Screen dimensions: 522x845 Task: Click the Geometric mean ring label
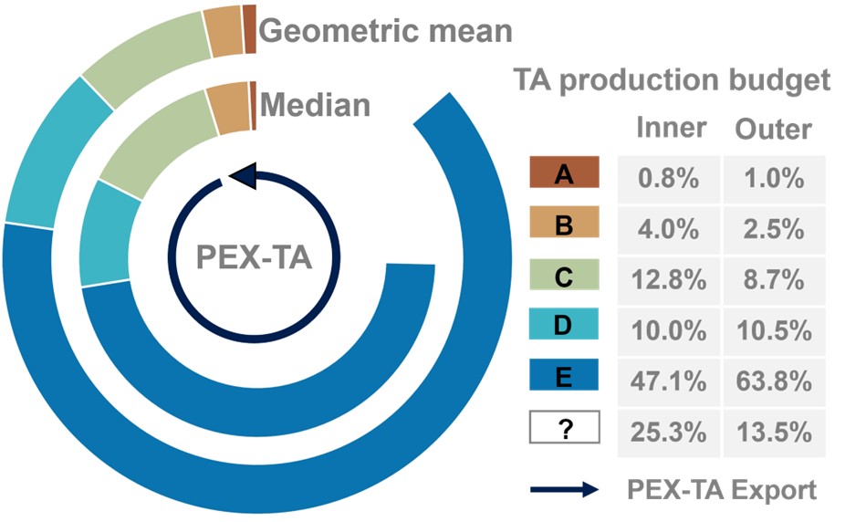pyautogui.click(x=385, y=30)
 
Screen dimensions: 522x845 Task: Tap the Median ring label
pyautogui.click(x=316, y=104)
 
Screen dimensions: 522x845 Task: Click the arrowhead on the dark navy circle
pyautogui.click(x=244, y=176)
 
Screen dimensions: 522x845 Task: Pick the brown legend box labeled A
pyautogui.click(x=563, y=175)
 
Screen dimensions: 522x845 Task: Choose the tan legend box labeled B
pyautogui.click(x=563, y=224)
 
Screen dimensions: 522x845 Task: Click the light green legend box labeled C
pyautogui.click(x=563, y=276)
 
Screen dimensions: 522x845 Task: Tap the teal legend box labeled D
pyautogui.click(x=563, y=326)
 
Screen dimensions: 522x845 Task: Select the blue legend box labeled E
pyautogui.click(x=563, y=376)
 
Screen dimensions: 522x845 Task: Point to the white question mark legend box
pyautogui.click(x=563, y=427)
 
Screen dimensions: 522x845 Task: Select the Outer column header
pyautogui.click(x=773, y=129)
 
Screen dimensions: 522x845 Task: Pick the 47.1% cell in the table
pyautogui.click(x=669, y=378)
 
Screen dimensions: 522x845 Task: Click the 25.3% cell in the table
pyautogui.click(x=669, y=429)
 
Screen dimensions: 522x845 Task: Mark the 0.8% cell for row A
pyautogui.click(x=669, y=178)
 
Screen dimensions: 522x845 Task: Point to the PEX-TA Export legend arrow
pyautogui.click(x=564, y=489)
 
